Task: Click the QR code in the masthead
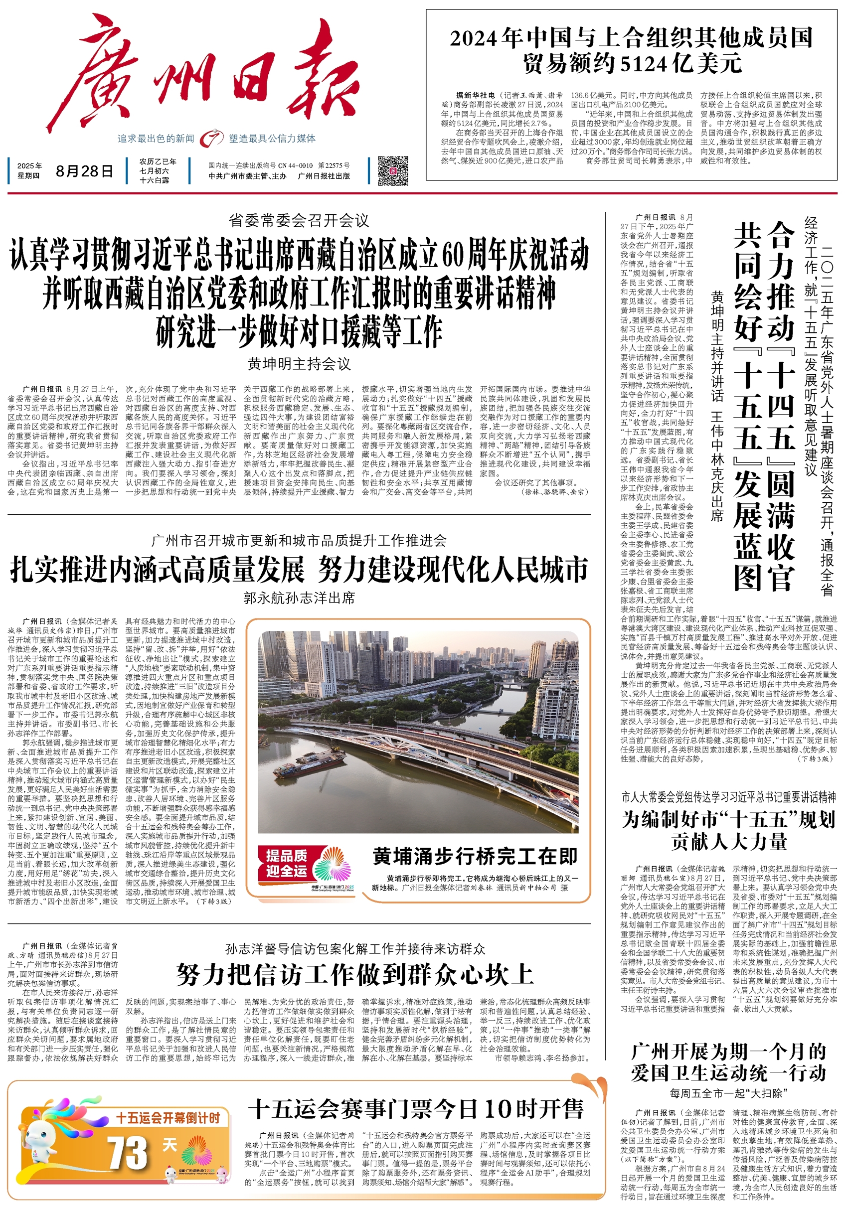coord(392,170)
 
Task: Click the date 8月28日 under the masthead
coord(84,171)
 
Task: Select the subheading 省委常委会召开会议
coord(299,220)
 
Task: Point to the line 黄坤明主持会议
coord(299,363)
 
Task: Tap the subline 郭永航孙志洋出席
coord(299,598)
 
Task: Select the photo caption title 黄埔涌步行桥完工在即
coord(475,856)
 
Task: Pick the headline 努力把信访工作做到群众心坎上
coord(355,975)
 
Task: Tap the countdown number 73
coord(128,1153)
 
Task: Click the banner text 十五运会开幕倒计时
coord(167,1117)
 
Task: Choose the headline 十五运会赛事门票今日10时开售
coord(415,1109)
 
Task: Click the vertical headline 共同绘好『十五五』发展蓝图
coord(748,405)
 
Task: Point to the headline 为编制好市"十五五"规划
coord(728,820)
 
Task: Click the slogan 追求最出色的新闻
coord(156,139)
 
